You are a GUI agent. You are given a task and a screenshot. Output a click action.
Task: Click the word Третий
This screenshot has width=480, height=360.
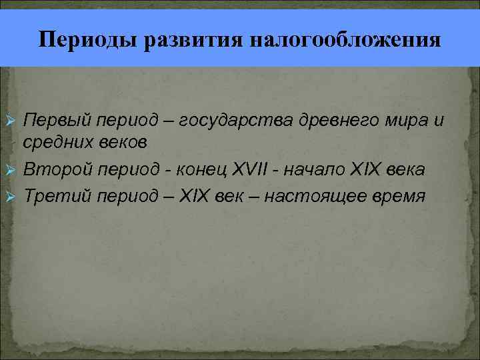(x=55, y=196)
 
